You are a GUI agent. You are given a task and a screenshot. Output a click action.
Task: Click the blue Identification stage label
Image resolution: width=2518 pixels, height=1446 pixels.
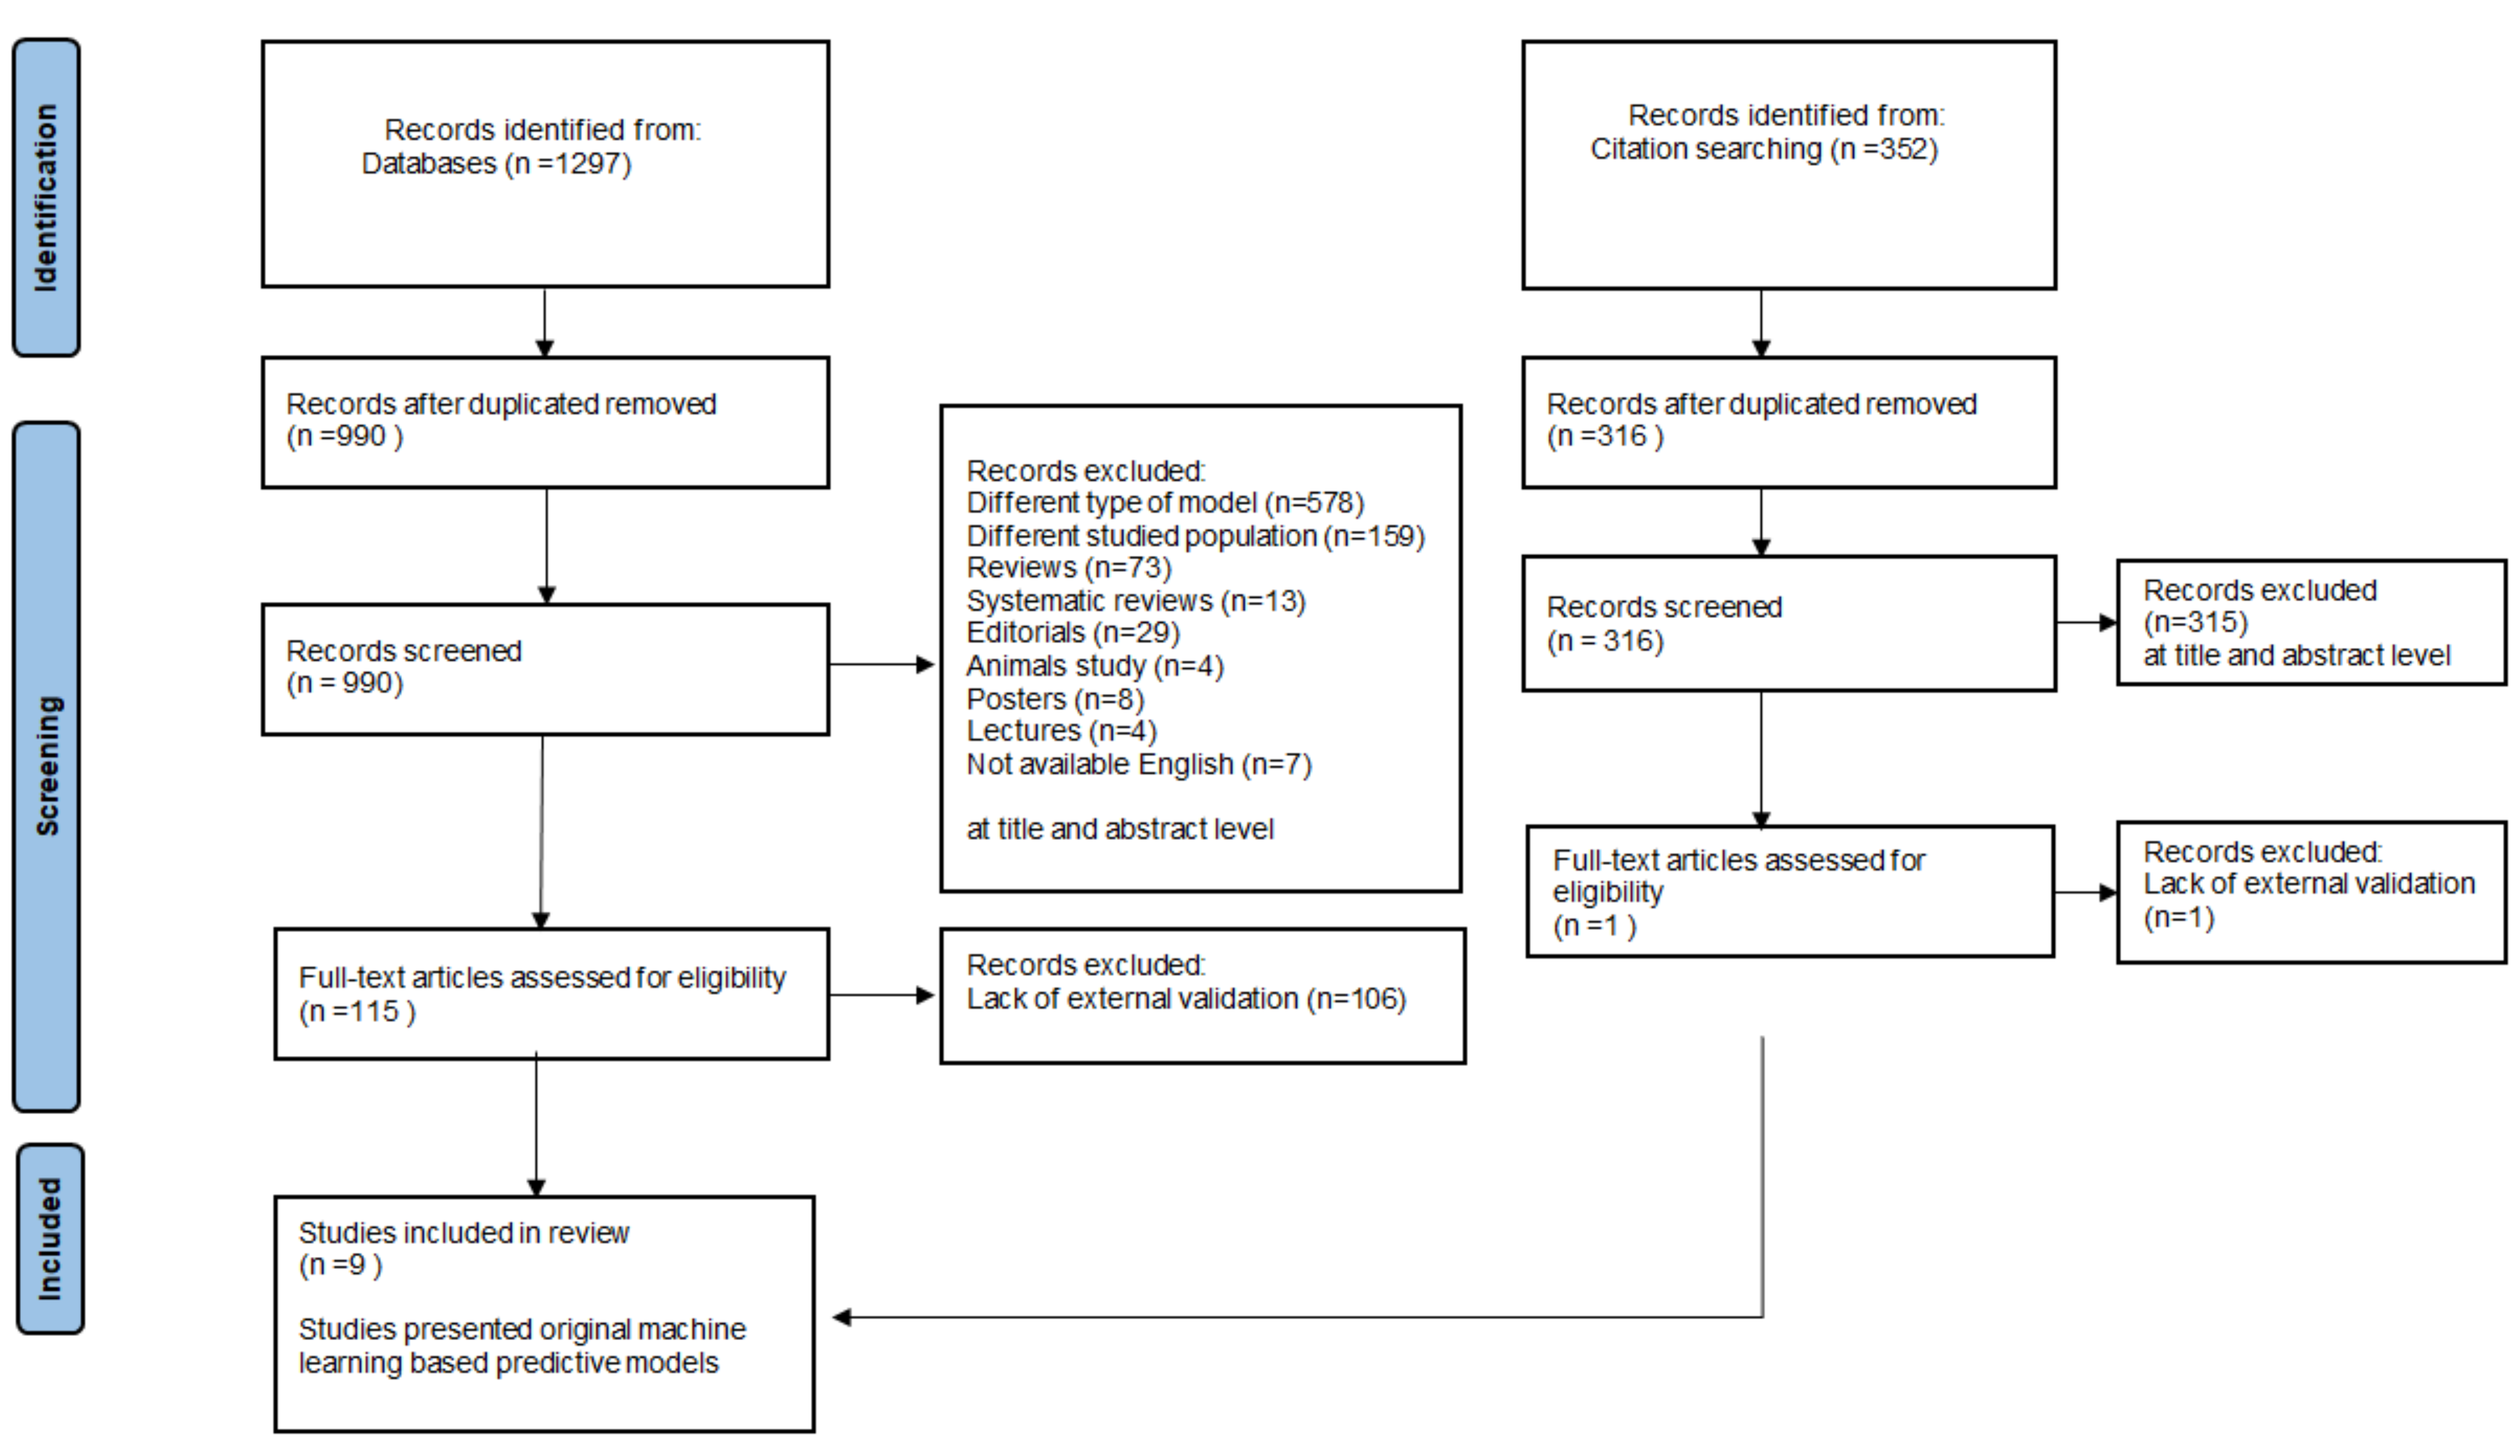(45, 197)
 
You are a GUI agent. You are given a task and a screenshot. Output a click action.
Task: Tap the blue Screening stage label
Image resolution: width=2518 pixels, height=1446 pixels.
(45, 766)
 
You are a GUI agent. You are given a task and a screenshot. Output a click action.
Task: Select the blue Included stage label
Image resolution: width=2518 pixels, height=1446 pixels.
(50, 1238)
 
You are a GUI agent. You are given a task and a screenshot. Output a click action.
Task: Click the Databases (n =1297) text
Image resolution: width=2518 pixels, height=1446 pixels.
(495, 164)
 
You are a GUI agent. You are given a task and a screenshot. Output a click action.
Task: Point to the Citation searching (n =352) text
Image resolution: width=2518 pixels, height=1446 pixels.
(1763, 149)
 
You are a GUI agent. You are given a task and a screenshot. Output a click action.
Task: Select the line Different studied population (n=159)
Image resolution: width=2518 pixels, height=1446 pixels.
(1195, 536)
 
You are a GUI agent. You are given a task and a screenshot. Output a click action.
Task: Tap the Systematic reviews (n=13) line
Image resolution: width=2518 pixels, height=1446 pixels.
(1135, 601)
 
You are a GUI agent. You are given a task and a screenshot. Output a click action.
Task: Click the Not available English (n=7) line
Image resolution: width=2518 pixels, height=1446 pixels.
(1138, 764)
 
